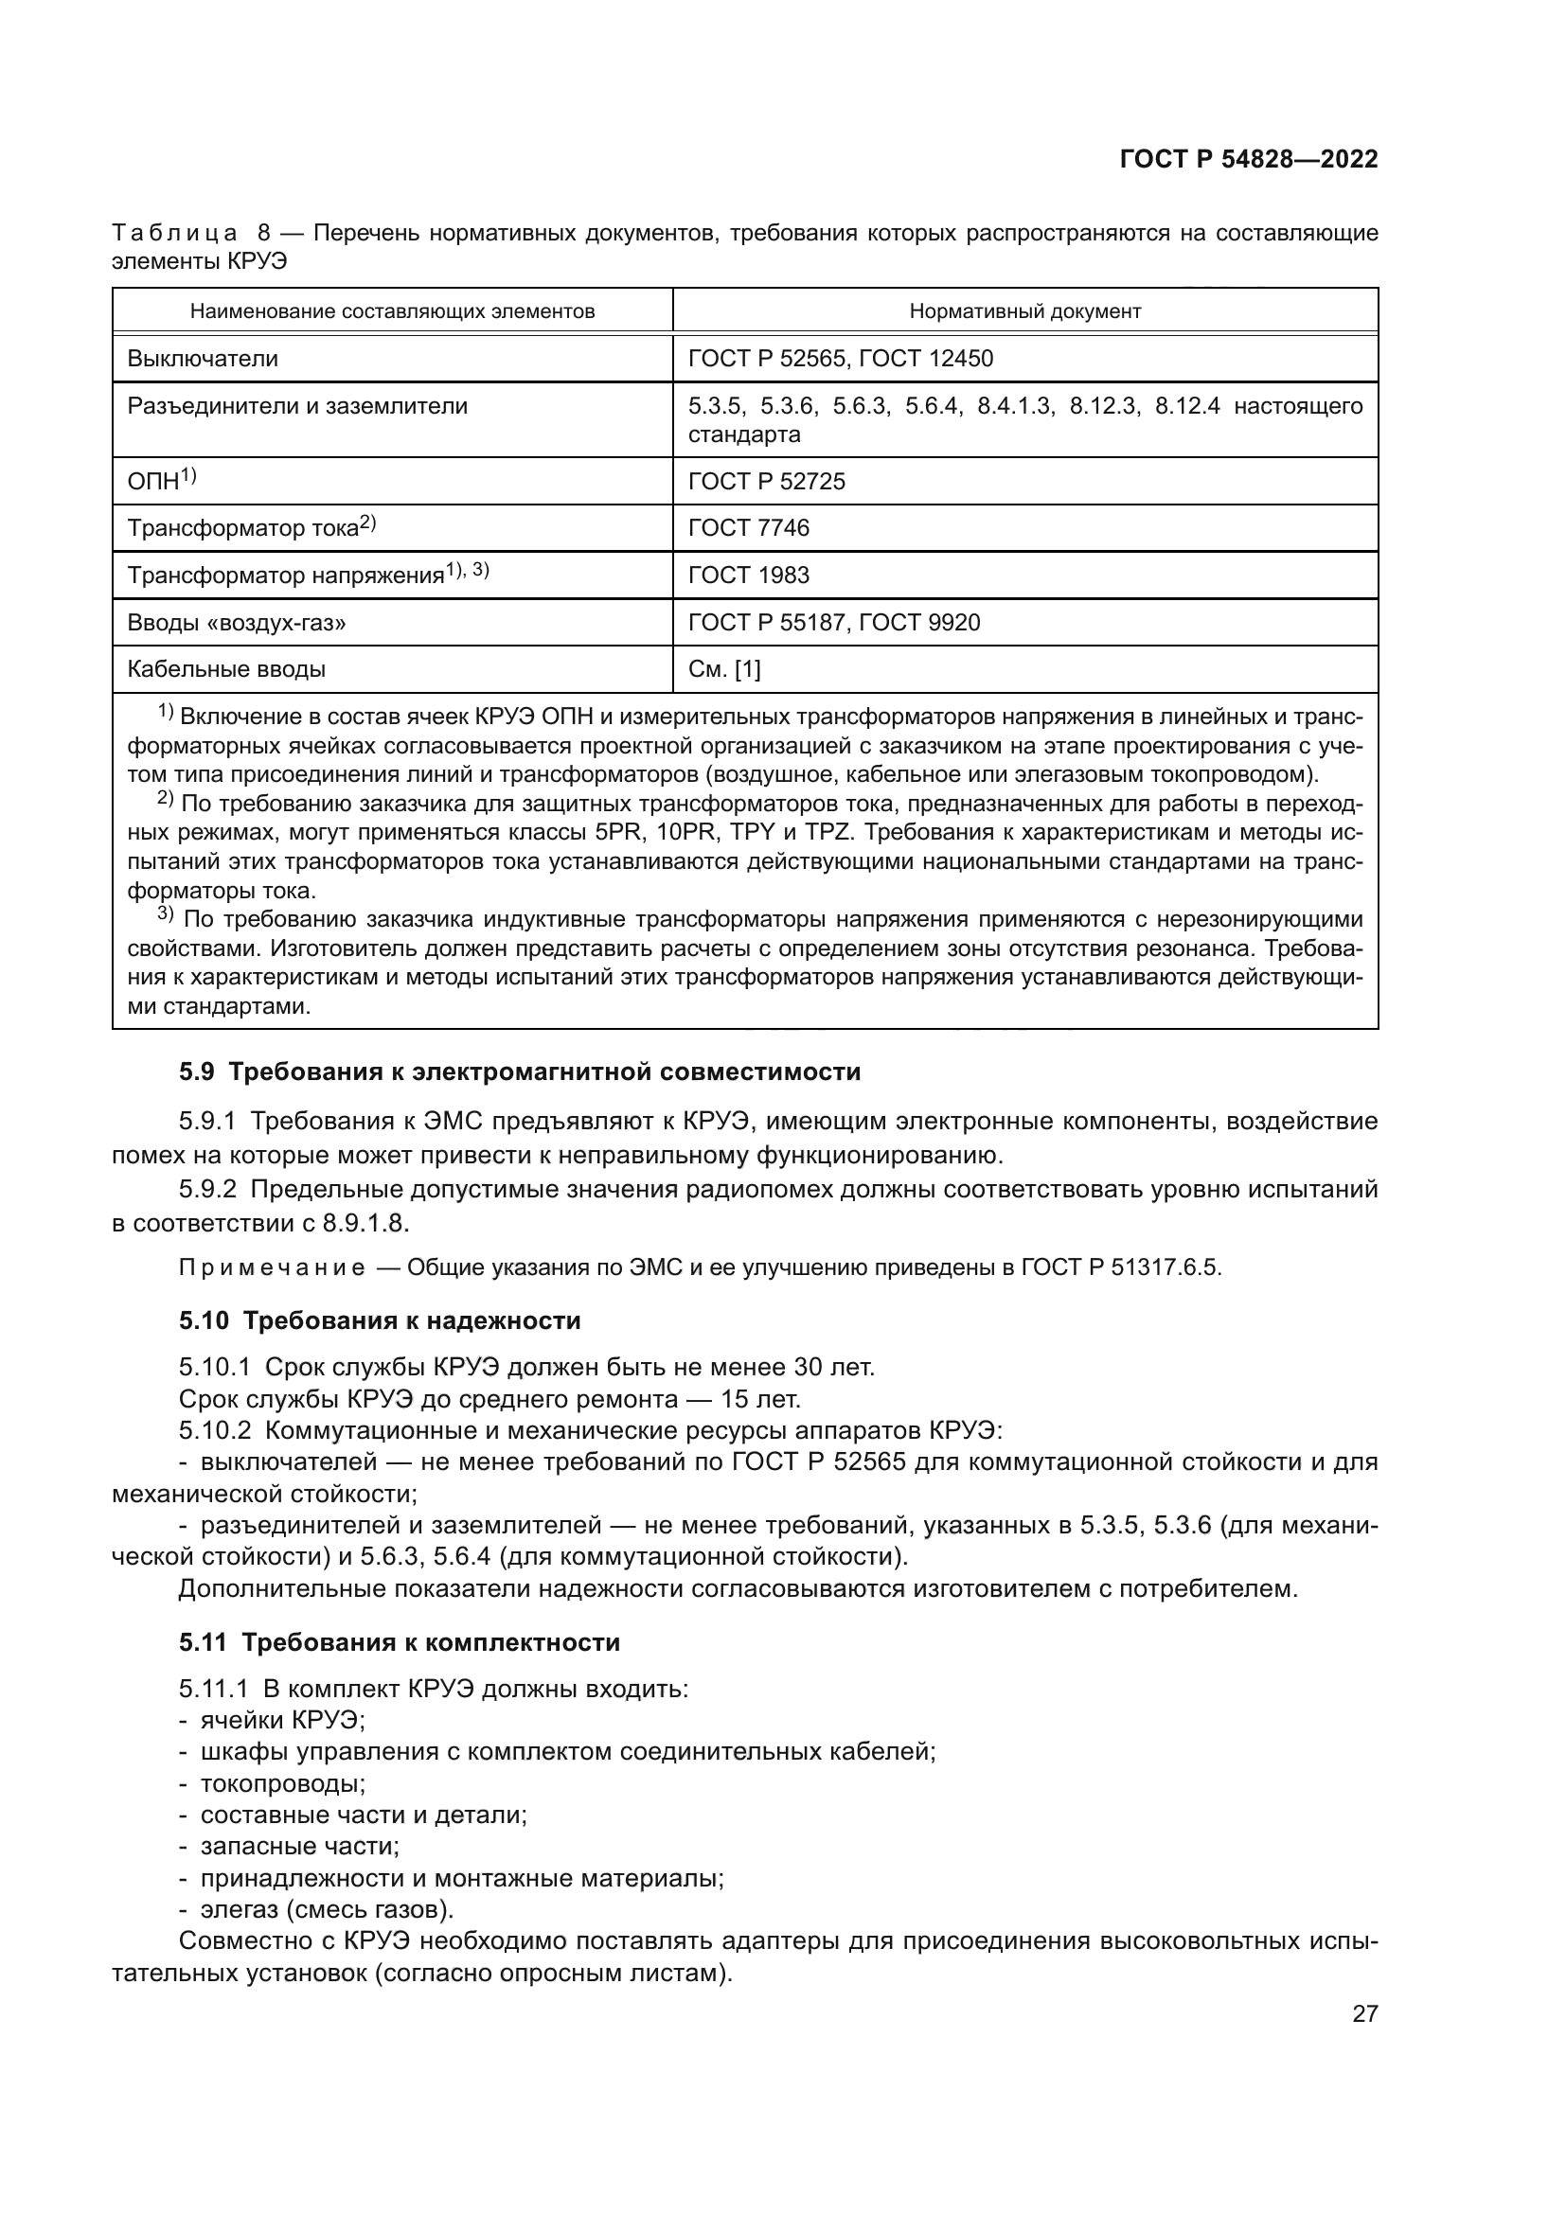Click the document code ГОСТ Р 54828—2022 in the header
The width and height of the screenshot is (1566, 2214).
click(x=1248, y=160)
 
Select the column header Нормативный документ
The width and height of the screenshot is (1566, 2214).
click(x=1024, y=311)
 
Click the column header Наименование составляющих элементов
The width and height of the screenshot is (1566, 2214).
click(x=392, y=311)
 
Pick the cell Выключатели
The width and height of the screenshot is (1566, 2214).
click(x=203, y=359)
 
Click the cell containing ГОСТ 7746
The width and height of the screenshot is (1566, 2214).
click(x=748, y=527)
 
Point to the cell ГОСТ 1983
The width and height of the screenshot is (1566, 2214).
click(x=748, y=575)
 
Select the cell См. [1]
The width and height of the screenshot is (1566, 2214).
click(x=723, y=669)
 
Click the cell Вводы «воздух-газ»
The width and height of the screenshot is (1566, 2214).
click(x=237, y=622)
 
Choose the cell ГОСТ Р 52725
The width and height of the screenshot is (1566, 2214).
click(x=766, y=480)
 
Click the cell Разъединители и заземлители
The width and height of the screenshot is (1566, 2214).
click(x=297, y=406)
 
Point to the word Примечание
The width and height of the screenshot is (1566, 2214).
click(x=271, y=1268)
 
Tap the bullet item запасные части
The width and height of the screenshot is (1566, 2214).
click(x=299, y=1847)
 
